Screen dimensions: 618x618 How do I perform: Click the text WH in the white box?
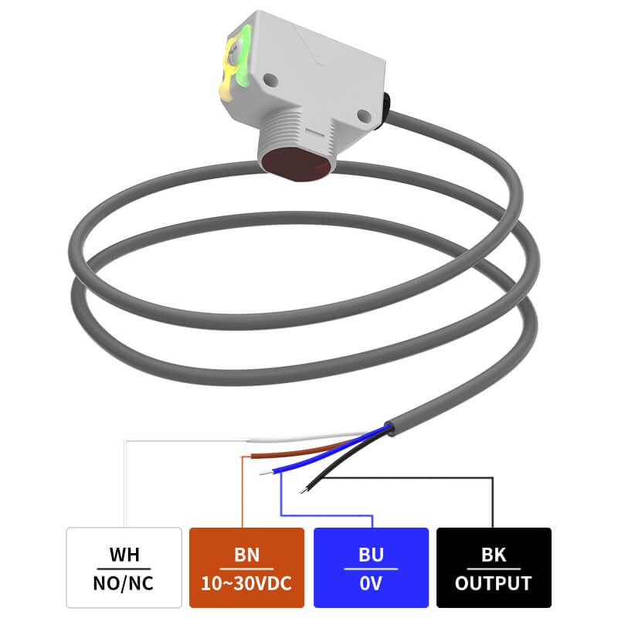(124, 555)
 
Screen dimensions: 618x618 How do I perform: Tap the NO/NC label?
(124, 582)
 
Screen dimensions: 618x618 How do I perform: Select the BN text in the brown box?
(246, 555)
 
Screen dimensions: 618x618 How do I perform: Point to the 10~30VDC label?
(246, 582)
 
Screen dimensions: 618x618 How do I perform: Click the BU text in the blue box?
(371, 555)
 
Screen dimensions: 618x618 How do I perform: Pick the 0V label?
(371, 582)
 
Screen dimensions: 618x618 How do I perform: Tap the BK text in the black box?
(494, 555)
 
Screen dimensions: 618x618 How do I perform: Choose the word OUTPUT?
(494, 582)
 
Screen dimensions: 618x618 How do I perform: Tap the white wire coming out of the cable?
(309, 438)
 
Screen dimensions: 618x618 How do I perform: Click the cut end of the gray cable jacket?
(390, 426)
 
